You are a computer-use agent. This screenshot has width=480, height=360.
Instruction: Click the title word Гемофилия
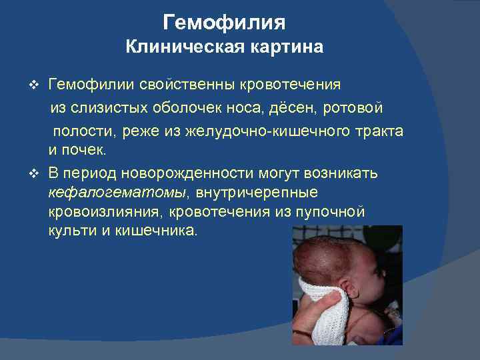[224, 23]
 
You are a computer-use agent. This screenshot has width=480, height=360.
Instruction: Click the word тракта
[377, 131]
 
